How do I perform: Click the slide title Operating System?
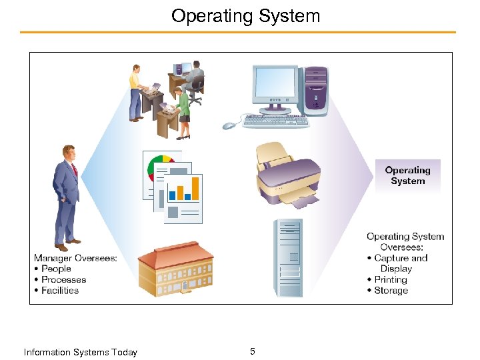245,15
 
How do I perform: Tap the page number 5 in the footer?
252,351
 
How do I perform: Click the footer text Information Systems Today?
80,352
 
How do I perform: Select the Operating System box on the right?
407,176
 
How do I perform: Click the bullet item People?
56,269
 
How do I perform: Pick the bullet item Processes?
63,279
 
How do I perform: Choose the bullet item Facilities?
60,290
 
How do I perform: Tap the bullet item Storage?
391,291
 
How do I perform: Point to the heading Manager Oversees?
75,258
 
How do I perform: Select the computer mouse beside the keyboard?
229,125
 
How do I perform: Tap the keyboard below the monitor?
276,121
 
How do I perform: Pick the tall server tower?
288,257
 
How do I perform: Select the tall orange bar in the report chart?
195,187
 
